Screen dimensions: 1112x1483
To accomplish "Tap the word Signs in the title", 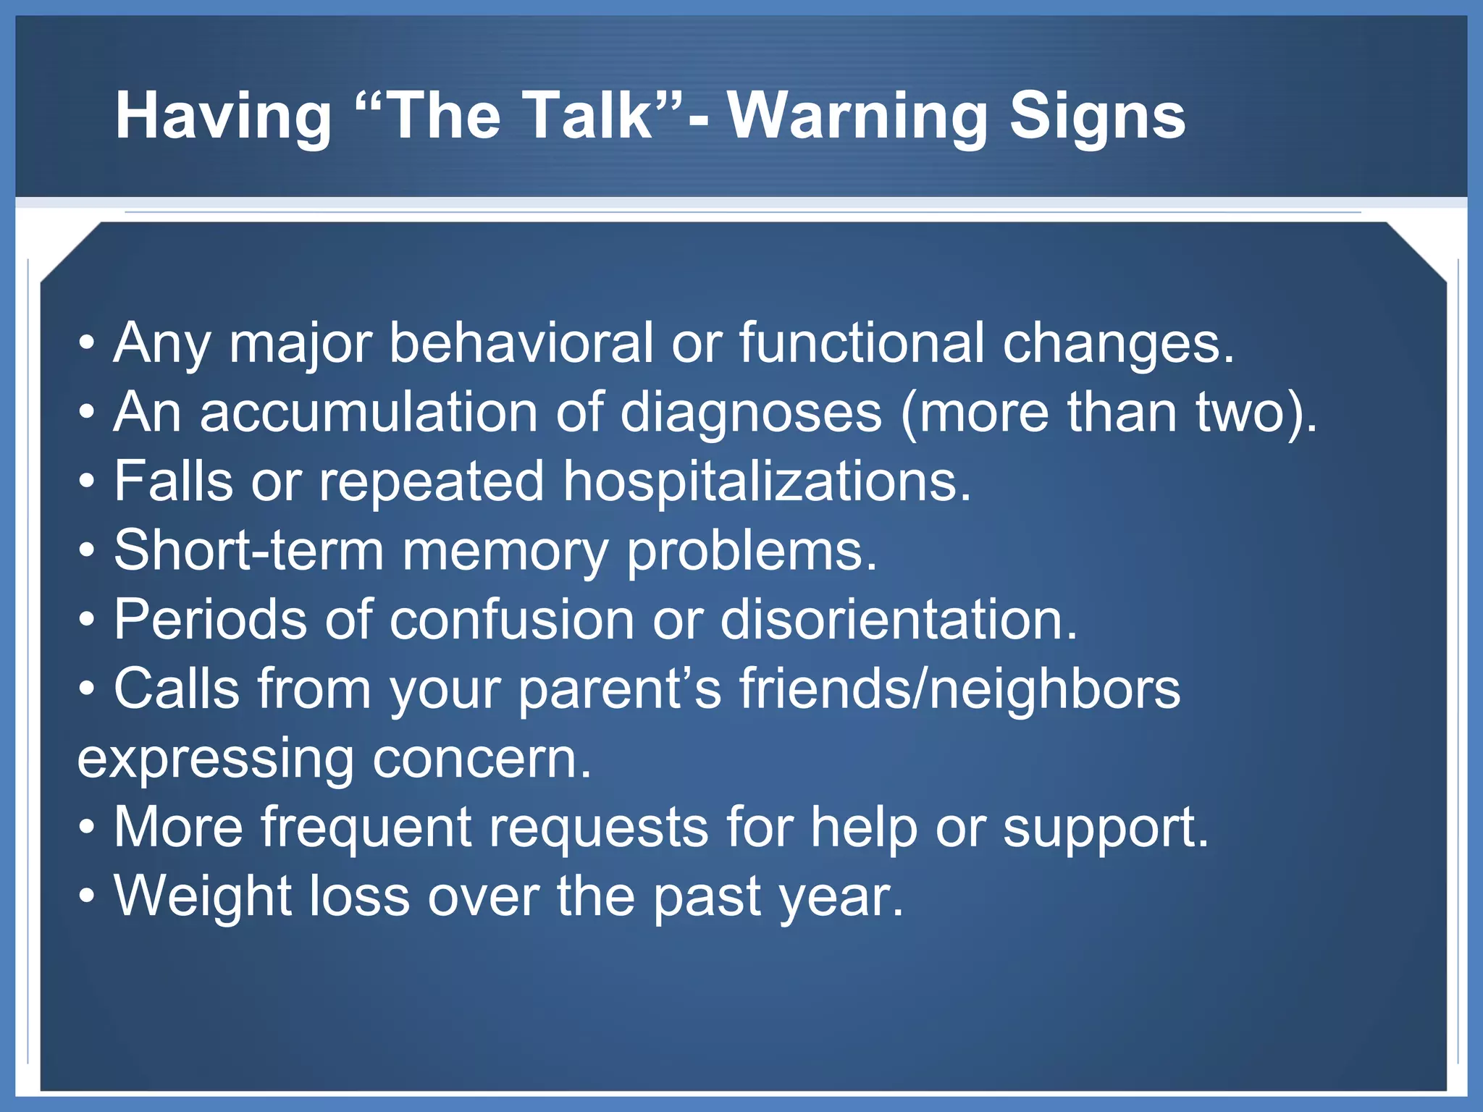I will point(1097,116).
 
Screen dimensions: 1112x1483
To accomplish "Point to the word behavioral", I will point(521,342).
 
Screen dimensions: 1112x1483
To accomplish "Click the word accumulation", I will point(369,412).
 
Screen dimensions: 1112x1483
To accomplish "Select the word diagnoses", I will point(751,412).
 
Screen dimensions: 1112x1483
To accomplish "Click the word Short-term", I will point(248,550).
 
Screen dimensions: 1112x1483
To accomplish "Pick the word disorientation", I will point(899,620).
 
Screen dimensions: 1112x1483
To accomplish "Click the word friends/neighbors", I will point(959,688).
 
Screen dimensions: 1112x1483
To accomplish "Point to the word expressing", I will point(215,759).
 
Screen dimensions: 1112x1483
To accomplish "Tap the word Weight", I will point(203,896).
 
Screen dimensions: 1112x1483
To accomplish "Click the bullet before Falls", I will point(87,481).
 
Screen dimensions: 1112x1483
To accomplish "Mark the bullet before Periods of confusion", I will point(87,620).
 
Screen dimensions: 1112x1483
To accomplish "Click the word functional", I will point(862,342).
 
